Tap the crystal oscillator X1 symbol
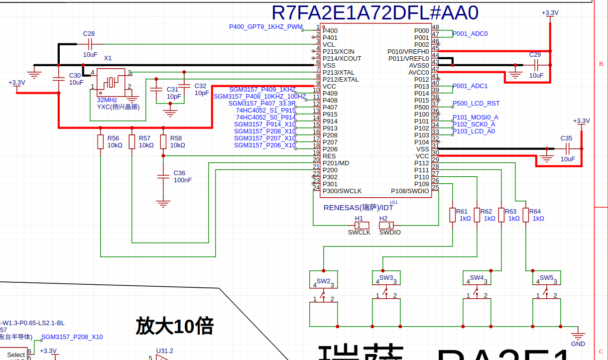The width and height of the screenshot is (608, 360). (111, 81)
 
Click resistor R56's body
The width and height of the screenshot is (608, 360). (101, 141)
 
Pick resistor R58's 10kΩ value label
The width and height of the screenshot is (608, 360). (178, 145)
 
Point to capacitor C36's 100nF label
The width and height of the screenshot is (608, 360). (183, 180)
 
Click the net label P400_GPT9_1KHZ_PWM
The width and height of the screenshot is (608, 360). (266, 27)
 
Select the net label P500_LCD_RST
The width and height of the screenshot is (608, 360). (476, 104)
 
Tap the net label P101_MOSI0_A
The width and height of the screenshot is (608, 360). (475, 118)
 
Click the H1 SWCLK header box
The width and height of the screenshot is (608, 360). (359, 226)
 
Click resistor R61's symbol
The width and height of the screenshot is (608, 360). (452, 215)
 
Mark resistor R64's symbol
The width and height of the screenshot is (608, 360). (525, 215)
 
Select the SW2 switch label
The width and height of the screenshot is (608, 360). (324, 281)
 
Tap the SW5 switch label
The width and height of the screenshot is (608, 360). (547, 278)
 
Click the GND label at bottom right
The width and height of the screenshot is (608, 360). (578, 344)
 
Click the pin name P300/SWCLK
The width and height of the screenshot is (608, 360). (342, 191)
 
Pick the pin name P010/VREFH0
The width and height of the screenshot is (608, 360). (408, 52)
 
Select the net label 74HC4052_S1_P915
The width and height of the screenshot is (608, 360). (266, 111)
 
